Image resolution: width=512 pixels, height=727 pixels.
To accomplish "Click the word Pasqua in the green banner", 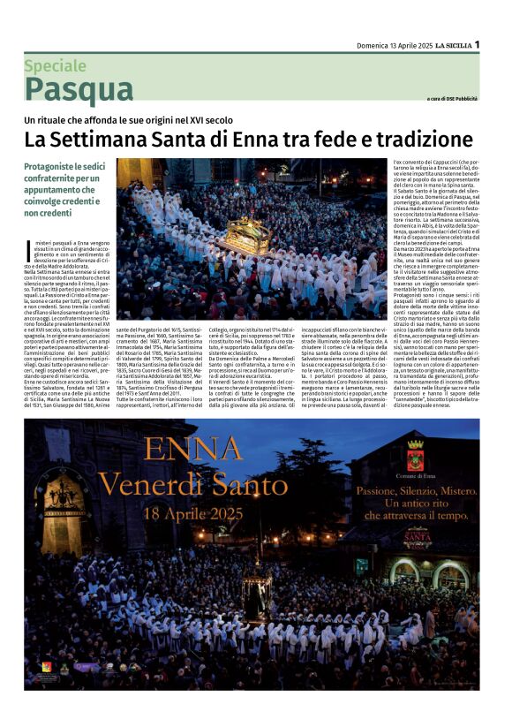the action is [x=79, y=89].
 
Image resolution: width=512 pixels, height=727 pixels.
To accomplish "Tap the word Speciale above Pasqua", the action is [x=55, y=65].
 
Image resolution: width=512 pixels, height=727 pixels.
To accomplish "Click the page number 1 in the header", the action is [x=477, y=44].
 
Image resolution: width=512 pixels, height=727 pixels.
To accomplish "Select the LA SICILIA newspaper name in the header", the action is [x=448, y=45].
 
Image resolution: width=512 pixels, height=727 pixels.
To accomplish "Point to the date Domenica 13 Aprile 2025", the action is [x=380, y=45].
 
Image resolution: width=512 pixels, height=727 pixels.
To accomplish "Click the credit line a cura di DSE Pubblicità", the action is [x=453, y=98].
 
